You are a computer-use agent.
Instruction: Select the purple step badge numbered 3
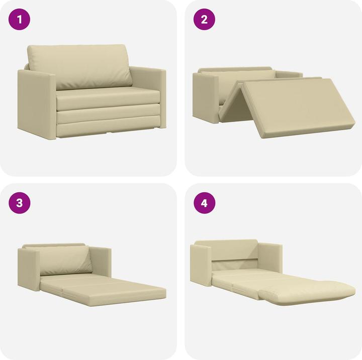click(20, 203)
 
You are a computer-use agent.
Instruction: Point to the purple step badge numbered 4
click(204, 203)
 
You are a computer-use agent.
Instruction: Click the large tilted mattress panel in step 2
click(297, 105)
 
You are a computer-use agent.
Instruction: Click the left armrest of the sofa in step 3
click(28, 269)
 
